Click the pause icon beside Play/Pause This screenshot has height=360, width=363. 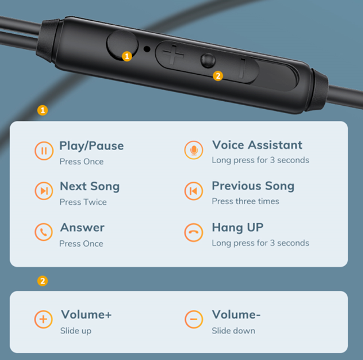[x=44, y=151]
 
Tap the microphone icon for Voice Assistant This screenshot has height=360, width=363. [x=194, y=150]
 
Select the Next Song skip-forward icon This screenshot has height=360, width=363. [x=44, y=191]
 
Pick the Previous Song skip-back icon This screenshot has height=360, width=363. [x=194, y=191]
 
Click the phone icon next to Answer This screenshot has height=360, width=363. [x=43, y=232]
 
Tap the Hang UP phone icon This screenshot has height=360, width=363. [x=194, y=232]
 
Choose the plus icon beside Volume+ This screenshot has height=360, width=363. [x=43, y=319]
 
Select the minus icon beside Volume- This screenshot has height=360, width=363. [x=194, y=319]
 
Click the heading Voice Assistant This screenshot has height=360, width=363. [x=257, y=145]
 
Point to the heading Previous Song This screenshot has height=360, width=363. [x=253, y=186]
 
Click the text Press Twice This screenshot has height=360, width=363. [x=83, y=202]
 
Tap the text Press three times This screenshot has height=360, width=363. [x=245, y=201]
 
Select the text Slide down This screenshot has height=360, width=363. [x=234, y=331]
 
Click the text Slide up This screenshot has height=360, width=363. [x=76, y=331]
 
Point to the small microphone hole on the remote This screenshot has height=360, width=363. [x=147, y=49]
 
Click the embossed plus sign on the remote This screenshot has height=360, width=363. [x=173, y=55]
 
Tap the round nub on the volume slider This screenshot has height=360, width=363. [x=208, y=61]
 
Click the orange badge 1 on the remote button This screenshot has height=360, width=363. [x=127, y=56]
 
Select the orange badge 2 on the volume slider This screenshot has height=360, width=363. [x=218, y=76]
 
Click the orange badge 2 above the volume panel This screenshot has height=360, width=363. [x=43, y=281]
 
